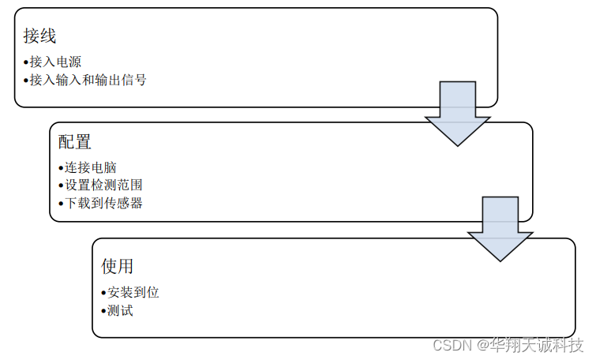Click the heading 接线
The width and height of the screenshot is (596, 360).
(x=39, y=36)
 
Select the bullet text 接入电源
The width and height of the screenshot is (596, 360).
(x=55, y=62)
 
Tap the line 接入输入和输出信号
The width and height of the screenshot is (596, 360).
(x=88, y=80)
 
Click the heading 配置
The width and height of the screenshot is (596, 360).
(x=74, y=142)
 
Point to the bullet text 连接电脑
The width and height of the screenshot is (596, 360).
(x=91, y=167)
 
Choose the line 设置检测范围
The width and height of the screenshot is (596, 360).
(x=103, y=186)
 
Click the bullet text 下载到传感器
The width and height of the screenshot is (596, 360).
(x=103, y=203)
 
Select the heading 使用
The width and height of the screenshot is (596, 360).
(x=117, y=266)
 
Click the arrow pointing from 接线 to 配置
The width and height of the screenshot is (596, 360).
(x=456, y=112)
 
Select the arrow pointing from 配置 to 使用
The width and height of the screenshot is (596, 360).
(x=499, y=228)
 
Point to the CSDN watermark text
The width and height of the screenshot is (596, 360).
(x=450, y=346)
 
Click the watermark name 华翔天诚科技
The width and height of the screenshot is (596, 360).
(x=537, y=345)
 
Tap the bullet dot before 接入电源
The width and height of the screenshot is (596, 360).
(x=25, y=62)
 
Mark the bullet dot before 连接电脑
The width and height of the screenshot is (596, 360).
(x=61, y=168)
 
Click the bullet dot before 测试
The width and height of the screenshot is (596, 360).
(x=103, y=311)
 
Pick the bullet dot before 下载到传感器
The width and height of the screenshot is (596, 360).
(x=61, y=204)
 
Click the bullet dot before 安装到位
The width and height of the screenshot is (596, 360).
(x=103, y=293)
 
